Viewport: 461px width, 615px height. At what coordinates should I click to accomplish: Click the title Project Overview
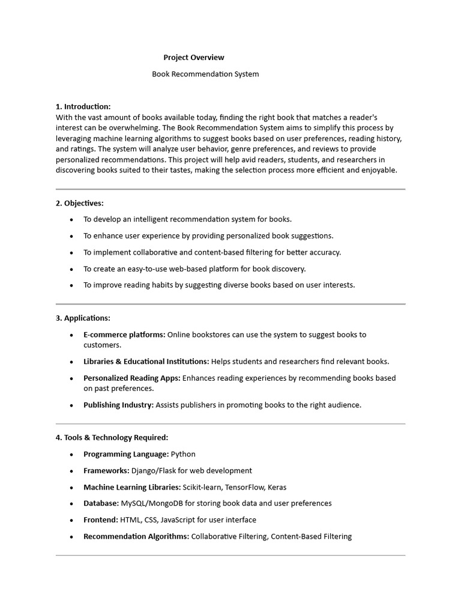click(194, 58)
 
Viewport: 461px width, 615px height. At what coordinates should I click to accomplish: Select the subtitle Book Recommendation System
click(205, 74)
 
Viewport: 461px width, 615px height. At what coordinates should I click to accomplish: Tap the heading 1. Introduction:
click(83, 107)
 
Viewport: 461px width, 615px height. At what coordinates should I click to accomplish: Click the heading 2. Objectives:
click(80, 204)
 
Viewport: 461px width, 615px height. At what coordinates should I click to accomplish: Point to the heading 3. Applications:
click(83, 318)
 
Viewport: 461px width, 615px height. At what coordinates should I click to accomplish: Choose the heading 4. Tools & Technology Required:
click(112, 438)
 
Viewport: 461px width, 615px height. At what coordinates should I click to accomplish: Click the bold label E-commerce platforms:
click(124, 335)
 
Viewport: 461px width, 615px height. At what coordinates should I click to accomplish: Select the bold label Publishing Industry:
click(118, 405)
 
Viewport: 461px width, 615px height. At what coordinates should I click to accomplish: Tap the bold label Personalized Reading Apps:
click(131, 378)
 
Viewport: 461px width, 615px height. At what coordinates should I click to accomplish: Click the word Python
click(183, 455)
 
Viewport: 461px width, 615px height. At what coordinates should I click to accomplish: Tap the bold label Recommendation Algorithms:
click(136, 536)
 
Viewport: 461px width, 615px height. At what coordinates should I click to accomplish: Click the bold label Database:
click(101, 503)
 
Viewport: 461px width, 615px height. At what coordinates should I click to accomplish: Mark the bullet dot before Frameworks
click(71, 471)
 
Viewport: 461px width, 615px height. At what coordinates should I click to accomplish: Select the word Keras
click(277, 487)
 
